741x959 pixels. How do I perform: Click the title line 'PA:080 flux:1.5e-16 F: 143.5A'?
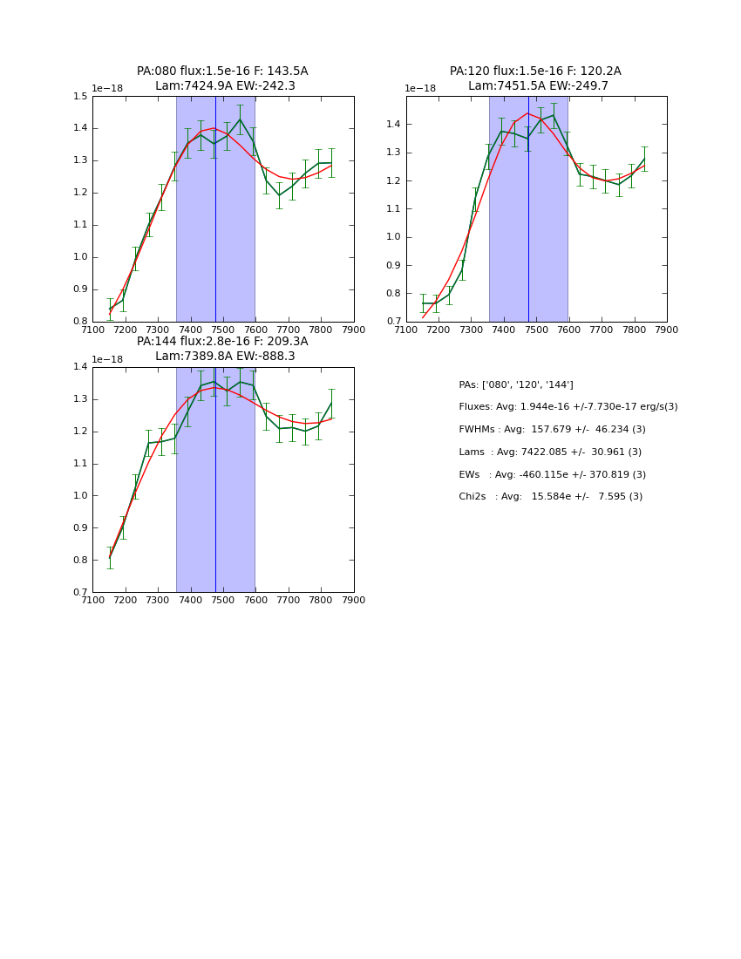[x=222, y=71]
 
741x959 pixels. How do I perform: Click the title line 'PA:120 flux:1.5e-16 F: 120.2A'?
[x=535, y=71]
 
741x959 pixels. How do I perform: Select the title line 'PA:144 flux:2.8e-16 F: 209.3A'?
[x=222, y=342]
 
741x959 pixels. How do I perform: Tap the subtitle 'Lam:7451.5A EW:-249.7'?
[x=538, y=86]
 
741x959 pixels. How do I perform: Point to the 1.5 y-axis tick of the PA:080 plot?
[x=80, y=97]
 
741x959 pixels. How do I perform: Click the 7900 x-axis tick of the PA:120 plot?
[x=667, y=330]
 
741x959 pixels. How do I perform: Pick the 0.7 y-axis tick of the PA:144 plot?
[x=80, y=593]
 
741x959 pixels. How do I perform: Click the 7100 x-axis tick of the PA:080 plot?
[x=92, y=330]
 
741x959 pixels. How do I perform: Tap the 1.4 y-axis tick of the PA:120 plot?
[x=393, y=125]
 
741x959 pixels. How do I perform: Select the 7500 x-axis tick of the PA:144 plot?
[x=223, y=600]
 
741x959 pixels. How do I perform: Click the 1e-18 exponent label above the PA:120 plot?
[x=420, y=89]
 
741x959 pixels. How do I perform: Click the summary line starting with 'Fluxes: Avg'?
[x=568, y=407]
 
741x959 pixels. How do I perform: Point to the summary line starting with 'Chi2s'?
[x=550, y=497]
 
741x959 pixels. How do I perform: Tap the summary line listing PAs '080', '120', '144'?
[x=515, y=385]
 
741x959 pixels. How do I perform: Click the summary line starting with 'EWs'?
[x=552, y=475]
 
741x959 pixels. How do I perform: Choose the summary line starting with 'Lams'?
[x=550, y=452]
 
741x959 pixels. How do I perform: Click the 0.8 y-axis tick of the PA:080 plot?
[x=80, y=322]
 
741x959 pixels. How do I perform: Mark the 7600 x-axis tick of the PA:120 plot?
[x=569, y=330]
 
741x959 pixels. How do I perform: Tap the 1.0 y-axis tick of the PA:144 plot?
[x=80, y=496]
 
